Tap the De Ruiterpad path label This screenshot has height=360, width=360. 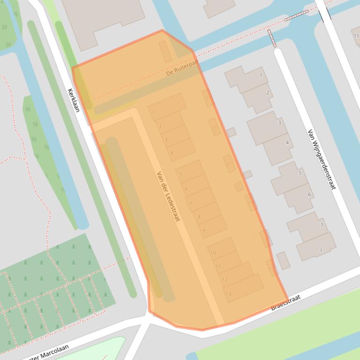coord(183,69)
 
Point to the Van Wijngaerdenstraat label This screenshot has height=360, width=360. coord(322,159)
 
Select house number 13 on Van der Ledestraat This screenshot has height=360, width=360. coord(228,294)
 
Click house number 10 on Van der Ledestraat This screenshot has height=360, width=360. coord(213,253)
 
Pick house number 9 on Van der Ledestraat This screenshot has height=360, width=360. coord(204,230)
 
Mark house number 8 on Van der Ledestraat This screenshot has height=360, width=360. coord(199,217)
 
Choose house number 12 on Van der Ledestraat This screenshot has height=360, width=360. coord(224,280)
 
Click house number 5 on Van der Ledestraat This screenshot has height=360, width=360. coord(181,175)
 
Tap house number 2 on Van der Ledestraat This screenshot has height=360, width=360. coord(160,126)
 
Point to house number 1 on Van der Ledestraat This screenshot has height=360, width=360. coord(154,113)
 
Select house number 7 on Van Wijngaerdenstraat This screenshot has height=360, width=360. coord(322,225)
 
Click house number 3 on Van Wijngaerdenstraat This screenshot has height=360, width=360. coord(279,122)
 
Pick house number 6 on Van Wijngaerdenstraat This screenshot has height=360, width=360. coord(309,194)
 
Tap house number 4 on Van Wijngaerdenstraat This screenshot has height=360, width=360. coord(287,143)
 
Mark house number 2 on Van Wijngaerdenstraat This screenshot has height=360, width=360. coord(268,93)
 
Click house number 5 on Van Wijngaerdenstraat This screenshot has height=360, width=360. coord(300,173)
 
